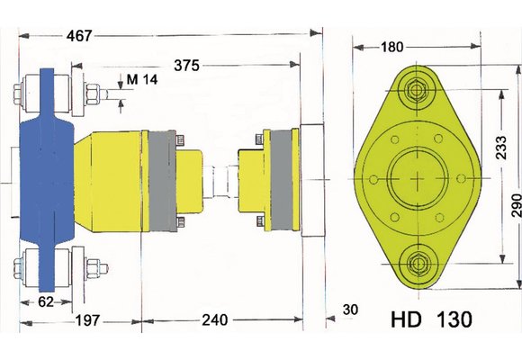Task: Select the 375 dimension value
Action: [188, 66]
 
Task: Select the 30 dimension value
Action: [352, 310]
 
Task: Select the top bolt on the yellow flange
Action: [416, 90]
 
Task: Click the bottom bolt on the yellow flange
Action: [416, 264]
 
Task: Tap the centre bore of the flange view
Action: [416, 177]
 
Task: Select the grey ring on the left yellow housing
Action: [159, 180]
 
